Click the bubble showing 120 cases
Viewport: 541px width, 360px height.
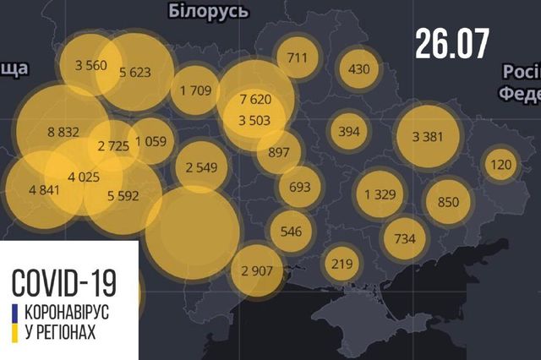[x=501, y=164]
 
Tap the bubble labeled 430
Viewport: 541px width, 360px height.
[x=358, y=68]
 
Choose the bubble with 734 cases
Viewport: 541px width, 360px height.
[x=405, y=239]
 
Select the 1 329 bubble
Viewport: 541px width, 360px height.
[x=380, y=194]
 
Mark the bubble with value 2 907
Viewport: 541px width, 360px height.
[x=256, y=270]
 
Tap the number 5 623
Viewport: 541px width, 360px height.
[x=134, y=73]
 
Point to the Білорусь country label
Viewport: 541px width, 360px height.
[x=208, y=12]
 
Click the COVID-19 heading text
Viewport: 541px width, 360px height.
[x=65, y=279]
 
